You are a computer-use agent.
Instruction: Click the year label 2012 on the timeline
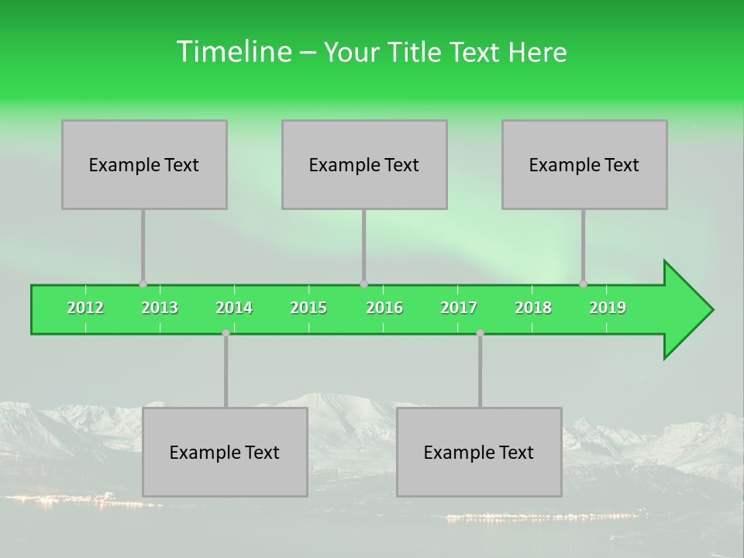click(x=85, y=308)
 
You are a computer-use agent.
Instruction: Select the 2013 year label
click(x=160, y=308)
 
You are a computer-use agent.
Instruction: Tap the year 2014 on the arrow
click(x=234, y=308)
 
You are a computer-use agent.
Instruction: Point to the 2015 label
click(x=308, y=308)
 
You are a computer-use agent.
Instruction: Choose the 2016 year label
click(x=384, y=308)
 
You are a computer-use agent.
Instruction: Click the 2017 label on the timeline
click(x=459, y=308)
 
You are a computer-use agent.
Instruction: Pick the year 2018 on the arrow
click(x=533, y=308)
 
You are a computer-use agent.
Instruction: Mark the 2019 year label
click(x=608, y=308)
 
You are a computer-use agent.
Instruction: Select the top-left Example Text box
click(x=144, y=164)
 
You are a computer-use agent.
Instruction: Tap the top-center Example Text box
click(x=364, y=164)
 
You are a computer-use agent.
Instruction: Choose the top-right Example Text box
click(x=584, y=164)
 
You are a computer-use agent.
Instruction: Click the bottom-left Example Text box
click(x=225, y=452)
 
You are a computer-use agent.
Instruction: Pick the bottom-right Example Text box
click(x=479, y=452)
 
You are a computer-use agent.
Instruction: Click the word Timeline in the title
click(x=233, y=52)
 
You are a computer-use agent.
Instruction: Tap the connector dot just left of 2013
click(x=143, y=284)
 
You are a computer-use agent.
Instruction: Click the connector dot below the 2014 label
click(x=226, y=332)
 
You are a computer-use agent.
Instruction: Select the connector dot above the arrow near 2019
click(x=584, y=284)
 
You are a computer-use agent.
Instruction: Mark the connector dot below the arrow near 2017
click(x=480, y=332)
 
